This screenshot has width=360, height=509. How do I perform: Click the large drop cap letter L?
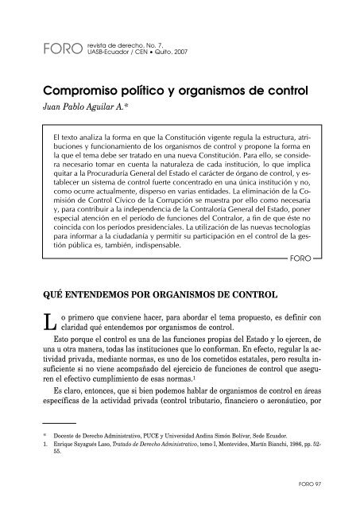pyautogui.click(x=48, y=301)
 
